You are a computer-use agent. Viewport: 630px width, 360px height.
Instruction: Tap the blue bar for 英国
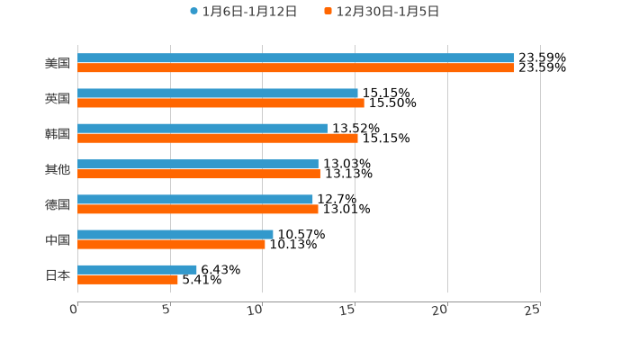point(217,93)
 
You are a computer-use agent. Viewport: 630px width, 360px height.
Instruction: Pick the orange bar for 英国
point(220,103)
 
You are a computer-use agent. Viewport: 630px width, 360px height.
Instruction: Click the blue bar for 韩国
point(202,128)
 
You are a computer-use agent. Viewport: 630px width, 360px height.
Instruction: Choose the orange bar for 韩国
point(217,138)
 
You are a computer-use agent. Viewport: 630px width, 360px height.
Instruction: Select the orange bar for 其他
point(198,174)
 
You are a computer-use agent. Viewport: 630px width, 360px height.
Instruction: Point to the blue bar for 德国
point(194,199)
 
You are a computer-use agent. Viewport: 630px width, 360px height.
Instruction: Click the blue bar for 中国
point(175,234)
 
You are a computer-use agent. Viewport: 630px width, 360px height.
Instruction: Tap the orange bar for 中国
point(171,244)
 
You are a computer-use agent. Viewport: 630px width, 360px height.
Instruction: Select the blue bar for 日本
point(137,269)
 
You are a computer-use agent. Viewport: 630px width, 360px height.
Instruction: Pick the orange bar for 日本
point(127,279)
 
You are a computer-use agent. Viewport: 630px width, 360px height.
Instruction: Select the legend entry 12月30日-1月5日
point(387,12)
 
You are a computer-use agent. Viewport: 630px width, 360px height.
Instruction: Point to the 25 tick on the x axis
point(533,310)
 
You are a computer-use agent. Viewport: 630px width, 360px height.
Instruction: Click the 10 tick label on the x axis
point(255,310)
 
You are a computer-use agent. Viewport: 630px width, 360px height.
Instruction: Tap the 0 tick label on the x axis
point(74,310)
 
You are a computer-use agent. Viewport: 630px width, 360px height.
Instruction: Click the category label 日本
point(58,274)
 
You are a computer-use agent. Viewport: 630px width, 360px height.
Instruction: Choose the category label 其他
point(58,169)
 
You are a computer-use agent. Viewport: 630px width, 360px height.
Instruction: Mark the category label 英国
point(58,98)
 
